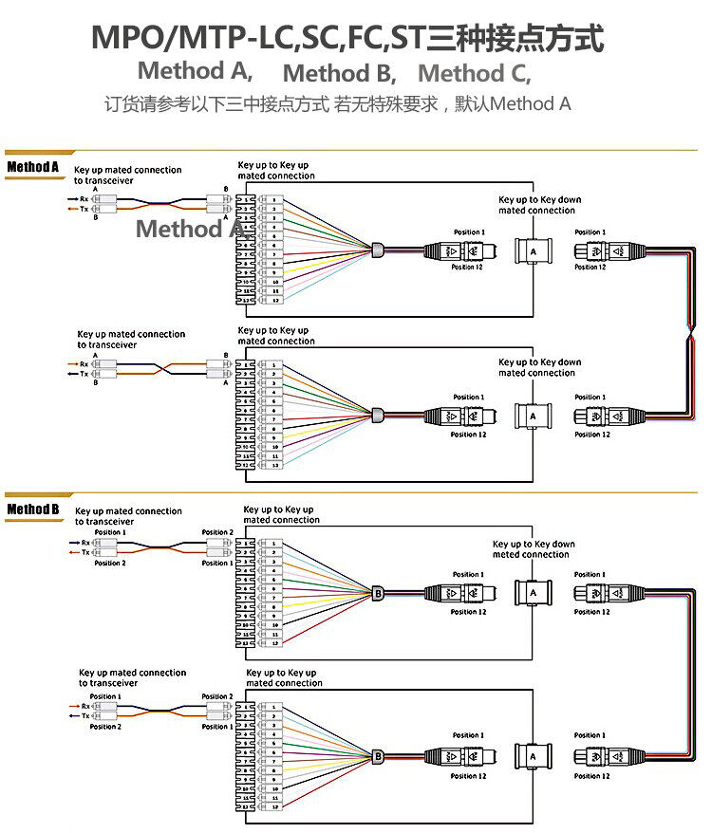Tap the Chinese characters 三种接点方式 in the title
coord(515,39)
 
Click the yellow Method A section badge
coord(33,168)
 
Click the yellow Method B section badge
coord(33,510)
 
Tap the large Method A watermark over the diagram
coord(190,229)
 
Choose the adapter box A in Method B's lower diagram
coord(533,756)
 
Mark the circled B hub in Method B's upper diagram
coord(378,593)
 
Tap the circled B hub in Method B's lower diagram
coord(378,756)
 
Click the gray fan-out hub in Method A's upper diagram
coord(377,251)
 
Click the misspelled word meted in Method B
coord(505,555)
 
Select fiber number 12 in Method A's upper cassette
coord(274,300)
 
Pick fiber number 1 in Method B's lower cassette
coord(274,708)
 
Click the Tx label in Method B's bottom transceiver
coord(85,716)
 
